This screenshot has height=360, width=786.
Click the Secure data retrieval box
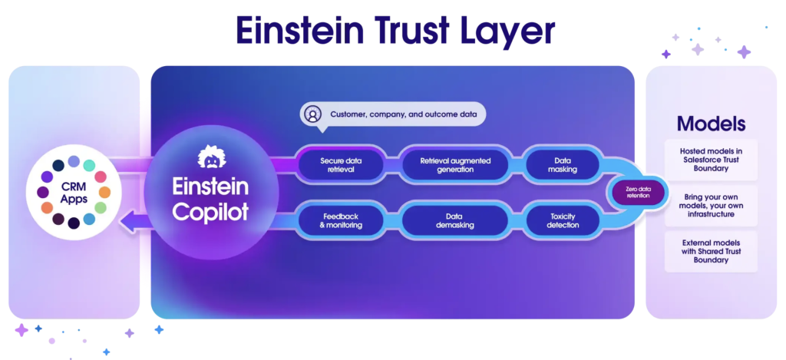tap(341, 165)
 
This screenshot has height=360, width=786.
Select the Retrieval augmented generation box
tap(455, 165)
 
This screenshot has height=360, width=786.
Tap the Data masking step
tap(563, 165)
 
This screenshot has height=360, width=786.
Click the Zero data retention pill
tap(637, 193)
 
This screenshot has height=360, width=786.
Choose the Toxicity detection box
tap(563, 220)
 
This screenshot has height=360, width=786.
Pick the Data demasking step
tap(455, 220)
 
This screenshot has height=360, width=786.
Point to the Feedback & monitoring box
tap(341, 220)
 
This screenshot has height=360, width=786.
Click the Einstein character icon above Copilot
tap(210, 157)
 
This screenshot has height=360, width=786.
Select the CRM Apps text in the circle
tap(74, 193)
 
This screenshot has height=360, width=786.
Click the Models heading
tap(711, 124)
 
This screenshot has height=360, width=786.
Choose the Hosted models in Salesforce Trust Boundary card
tap(711, 160)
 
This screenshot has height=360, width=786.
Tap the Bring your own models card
tap(711, 206)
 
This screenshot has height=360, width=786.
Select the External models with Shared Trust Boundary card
tap(711, 252)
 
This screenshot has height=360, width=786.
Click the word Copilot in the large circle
tap(210, 212)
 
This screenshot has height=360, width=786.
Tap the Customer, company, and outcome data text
tap(403, 115)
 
